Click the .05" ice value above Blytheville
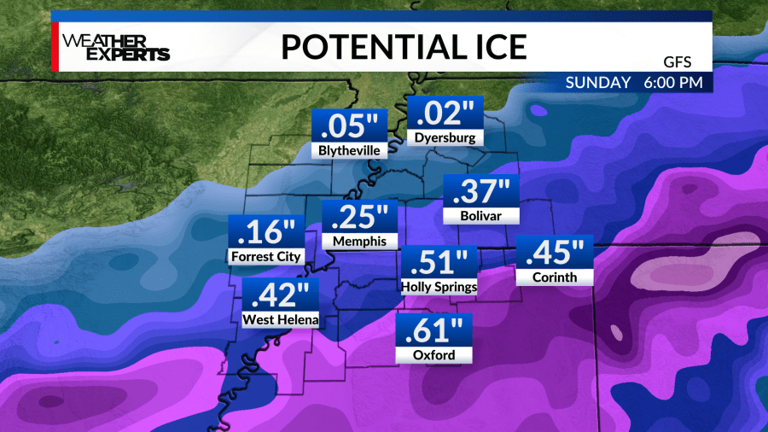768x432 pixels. coord(348,126)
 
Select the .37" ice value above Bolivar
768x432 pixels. coord(481,191)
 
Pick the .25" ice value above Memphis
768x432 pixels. coord(359,217)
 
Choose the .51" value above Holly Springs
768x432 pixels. coord(438,263)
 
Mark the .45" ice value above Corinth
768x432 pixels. coord(554,254)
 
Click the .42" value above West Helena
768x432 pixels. coord(281,296)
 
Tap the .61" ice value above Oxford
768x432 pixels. coord(433,331)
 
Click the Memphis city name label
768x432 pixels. coord(359,241)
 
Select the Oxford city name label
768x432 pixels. coord(433,355)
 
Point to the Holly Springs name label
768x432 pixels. coord(438,287)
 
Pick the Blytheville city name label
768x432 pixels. coord(348,150)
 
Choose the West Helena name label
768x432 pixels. coord(281,320)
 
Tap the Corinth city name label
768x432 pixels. coord(554,277)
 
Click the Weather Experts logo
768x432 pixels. coord(115,47)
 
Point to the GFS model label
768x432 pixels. coord(677,60)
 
